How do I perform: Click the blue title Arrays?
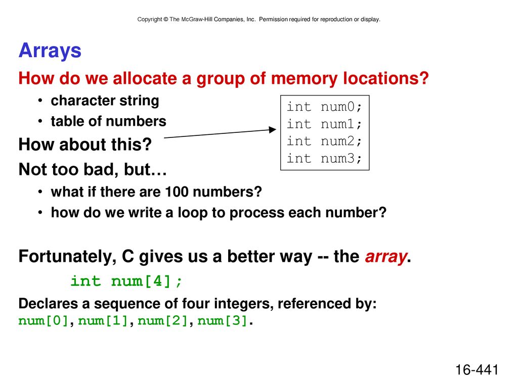click(50, 51)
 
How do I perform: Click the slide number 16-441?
click(477, 370)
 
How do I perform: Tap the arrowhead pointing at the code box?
click(273, 130)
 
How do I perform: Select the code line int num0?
click(324, 107)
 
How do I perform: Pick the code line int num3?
click(324, 158)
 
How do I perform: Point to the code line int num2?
click(324, 141)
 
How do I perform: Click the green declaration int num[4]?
click(126, 281)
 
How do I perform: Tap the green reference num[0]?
click(44, 321)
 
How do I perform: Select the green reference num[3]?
click(223, 321)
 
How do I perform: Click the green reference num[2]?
click(162, 321)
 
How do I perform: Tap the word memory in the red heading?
click(304, 79)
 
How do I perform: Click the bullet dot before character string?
click(40, 101)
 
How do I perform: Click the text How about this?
click(85, 144)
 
